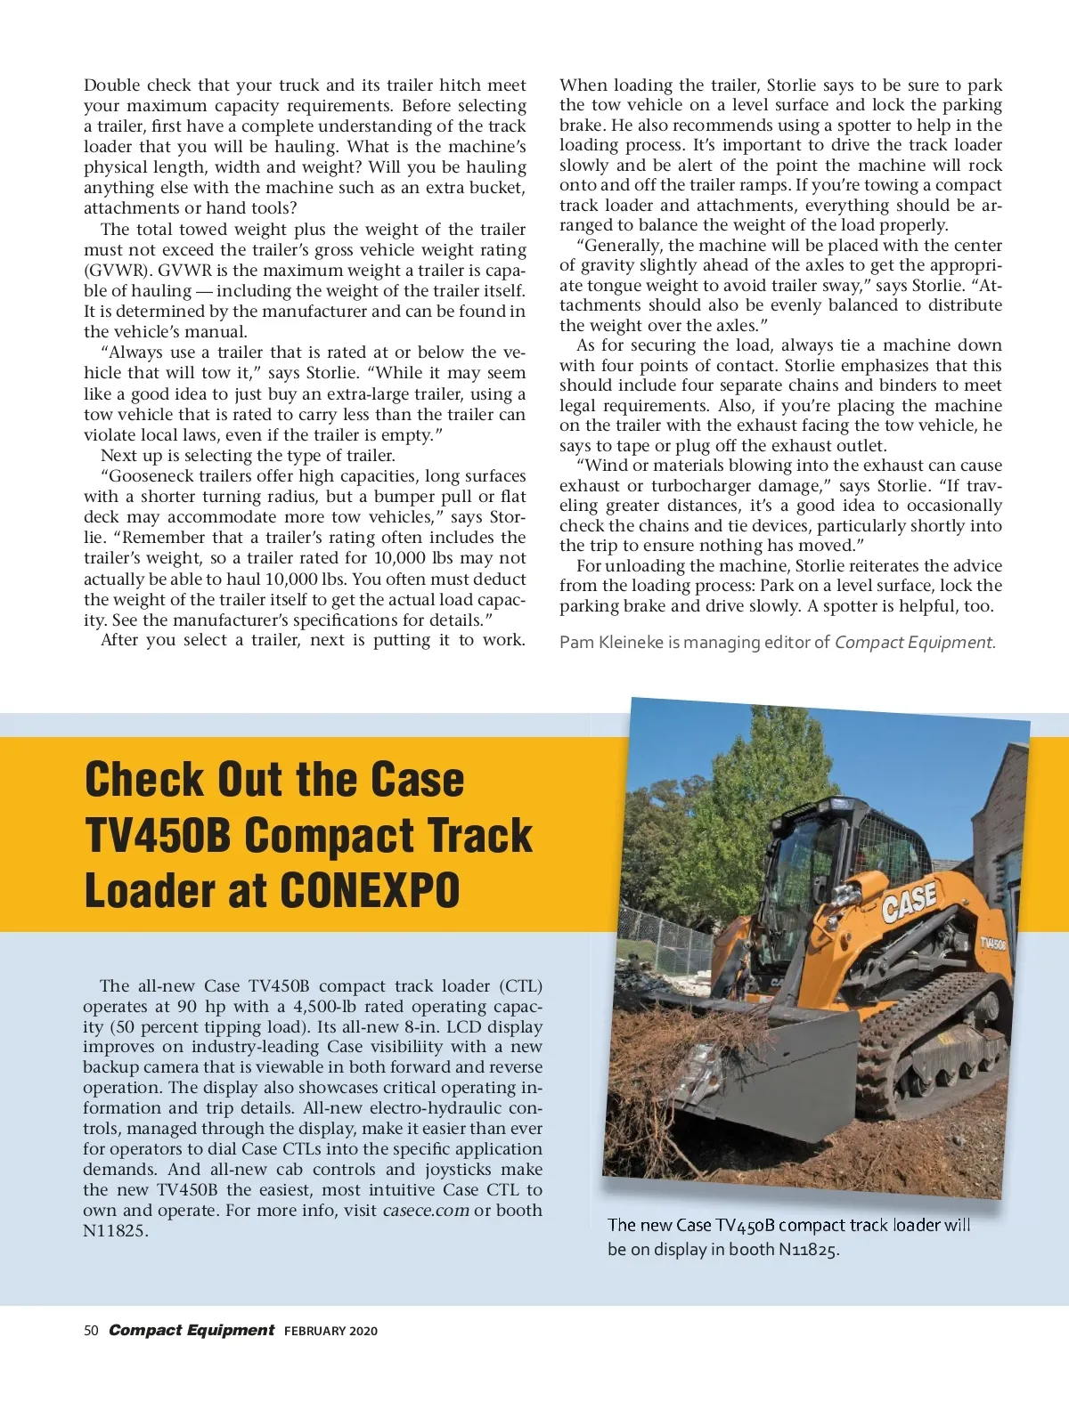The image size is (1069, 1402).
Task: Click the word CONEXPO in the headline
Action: (371, 890)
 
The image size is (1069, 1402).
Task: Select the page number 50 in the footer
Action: (90, 1331)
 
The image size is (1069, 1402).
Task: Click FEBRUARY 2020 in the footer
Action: (330, 1332)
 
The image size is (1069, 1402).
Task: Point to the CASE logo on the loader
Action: (909, 903)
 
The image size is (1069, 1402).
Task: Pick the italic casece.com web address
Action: (426, 1211)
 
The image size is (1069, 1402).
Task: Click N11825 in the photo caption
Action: (807, 1250)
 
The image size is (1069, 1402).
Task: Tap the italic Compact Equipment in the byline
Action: (914, 643)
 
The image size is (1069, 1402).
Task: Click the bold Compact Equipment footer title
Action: (192, 1331)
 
